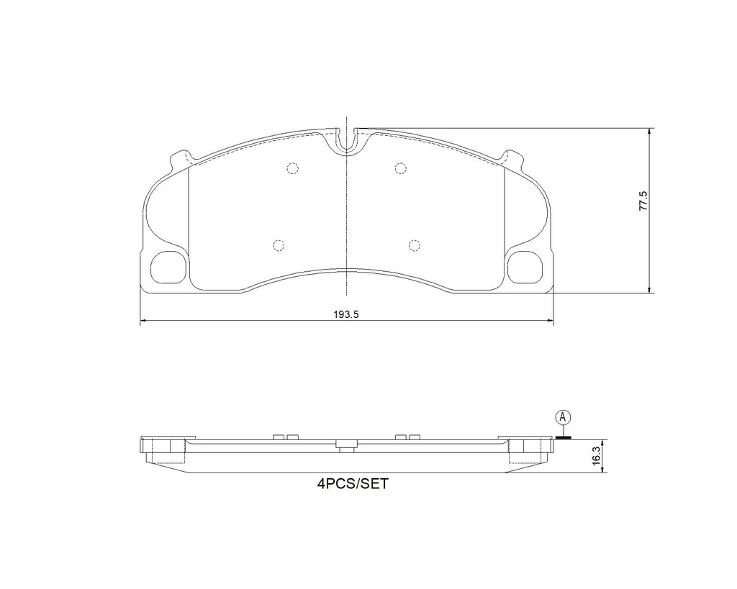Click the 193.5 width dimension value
pos(346,315)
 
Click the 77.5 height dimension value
pos(643,201)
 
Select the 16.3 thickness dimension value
pos(597,456)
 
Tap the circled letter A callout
pos(563,416)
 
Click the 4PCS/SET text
pos(353,484)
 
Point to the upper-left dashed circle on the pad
pos(292,168)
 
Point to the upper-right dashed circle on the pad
pos(400,168)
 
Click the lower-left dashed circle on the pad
pos(279,245)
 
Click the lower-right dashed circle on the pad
pos(414,245)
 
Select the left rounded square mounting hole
pos(167,267)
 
